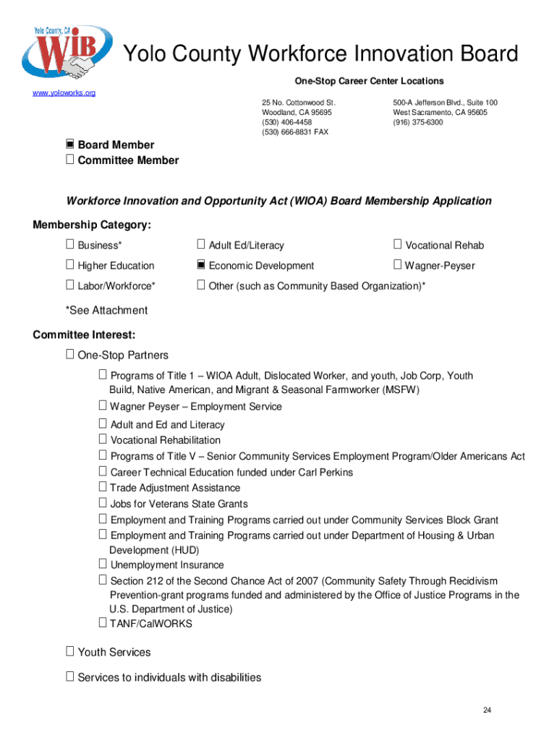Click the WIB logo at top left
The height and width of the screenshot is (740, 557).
(x=67, y=53)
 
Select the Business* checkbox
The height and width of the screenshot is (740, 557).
(x=70, y=245)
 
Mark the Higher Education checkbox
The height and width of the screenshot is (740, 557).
(x=70, y=265)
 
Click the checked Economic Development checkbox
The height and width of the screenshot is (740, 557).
(x=202, y=265)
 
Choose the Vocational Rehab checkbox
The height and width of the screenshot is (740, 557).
(x=397, y=245)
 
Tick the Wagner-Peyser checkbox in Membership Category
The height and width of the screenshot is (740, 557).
(x=397, y=265)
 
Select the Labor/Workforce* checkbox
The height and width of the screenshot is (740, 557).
(x=70, y=285)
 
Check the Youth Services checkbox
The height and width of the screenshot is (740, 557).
(x=70, y=652)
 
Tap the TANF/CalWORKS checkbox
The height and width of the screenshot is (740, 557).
(x=103, y=623)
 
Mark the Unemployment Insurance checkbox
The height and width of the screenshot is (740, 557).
(x=103, y=564)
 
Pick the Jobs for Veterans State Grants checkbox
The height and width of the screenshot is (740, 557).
(x=103, y=503)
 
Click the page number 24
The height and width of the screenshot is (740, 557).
(x=488, y=711)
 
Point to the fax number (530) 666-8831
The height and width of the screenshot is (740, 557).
(x=289, y=132)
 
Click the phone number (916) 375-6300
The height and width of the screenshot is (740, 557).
(x=418, y=123)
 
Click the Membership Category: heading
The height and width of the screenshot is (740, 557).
(x=92, y=225)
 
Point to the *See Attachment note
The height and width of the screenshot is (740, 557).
(x=106, y=311)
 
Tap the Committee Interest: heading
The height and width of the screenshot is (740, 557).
(x=84, y=335)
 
